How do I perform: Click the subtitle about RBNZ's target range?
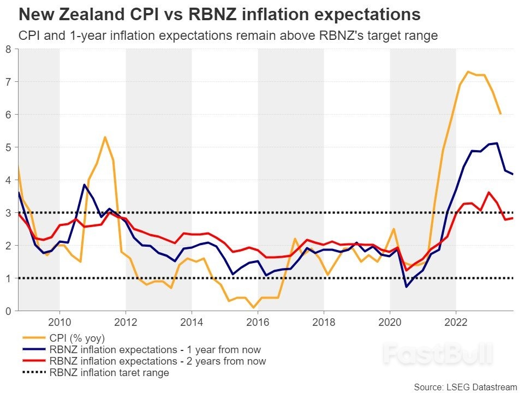tap(228, 35)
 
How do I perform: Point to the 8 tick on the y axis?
tap(8, 49)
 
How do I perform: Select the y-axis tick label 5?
tap(8, 147)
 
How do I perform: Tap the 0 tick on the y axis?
tap(8, 311)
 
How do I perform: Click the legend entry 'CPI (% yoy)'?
tap(76, 338)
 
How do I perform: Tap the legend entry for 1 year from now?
tap(154, 349)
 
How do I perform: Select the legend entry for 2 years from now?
tap(157, 361)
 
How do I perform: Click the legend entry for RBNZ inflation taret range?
tap(109, 373)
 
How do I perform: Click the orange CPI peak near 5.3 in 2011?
tap(105, 137)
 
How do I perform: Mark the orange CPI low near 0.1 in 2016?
tap(254, 307)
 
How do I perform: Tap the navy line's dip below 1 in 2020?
tap(406, 287)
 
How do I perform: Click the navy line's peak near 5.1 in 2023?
tap(497, 143)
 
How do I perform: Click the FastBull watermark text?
tap(437, 354)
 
